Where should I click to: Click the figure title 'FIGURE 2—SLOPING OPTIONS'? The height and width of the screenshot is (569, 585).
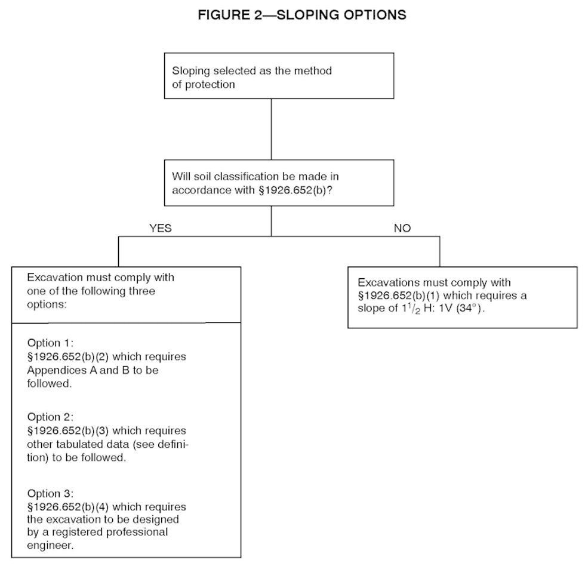[302, 15]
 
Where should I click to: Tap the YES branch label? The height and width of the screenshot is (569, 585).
[161, 228]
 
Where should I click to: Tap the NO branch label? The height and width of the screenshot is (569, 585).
[402, 228]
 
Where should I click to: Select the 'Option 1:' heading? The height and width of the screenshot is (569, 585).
[50, 343]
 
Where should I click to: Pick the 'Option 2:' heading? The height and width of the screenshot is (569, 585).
[50, 417]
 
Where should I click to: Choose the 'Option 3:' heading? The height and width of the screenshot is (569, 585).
[50, 493]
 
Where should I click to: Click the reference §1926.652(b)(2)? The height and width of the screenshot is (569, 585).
[68, 356]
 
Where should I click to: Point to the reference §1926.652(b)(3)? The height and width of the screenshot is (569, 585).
[68, 430]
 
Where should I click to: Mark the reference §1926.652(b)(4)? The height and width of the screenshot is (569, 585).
[68, 507]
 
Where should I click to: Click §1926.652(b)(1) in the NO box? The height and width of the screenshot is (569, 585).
[399, 296]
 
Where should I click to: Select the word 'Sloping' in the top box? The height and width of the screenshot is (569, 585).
[190, 71]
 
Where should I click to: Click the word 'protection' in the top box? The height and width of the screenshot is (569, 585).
[210, 85]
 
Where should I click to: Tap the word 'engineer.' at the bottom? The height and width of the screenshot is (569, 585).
[50, 546]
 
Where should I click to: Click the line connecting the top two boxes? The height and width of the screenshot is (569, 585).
[271, 129]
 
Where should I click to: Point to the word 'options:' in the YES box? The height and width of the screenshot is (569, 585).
[47, 305]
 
